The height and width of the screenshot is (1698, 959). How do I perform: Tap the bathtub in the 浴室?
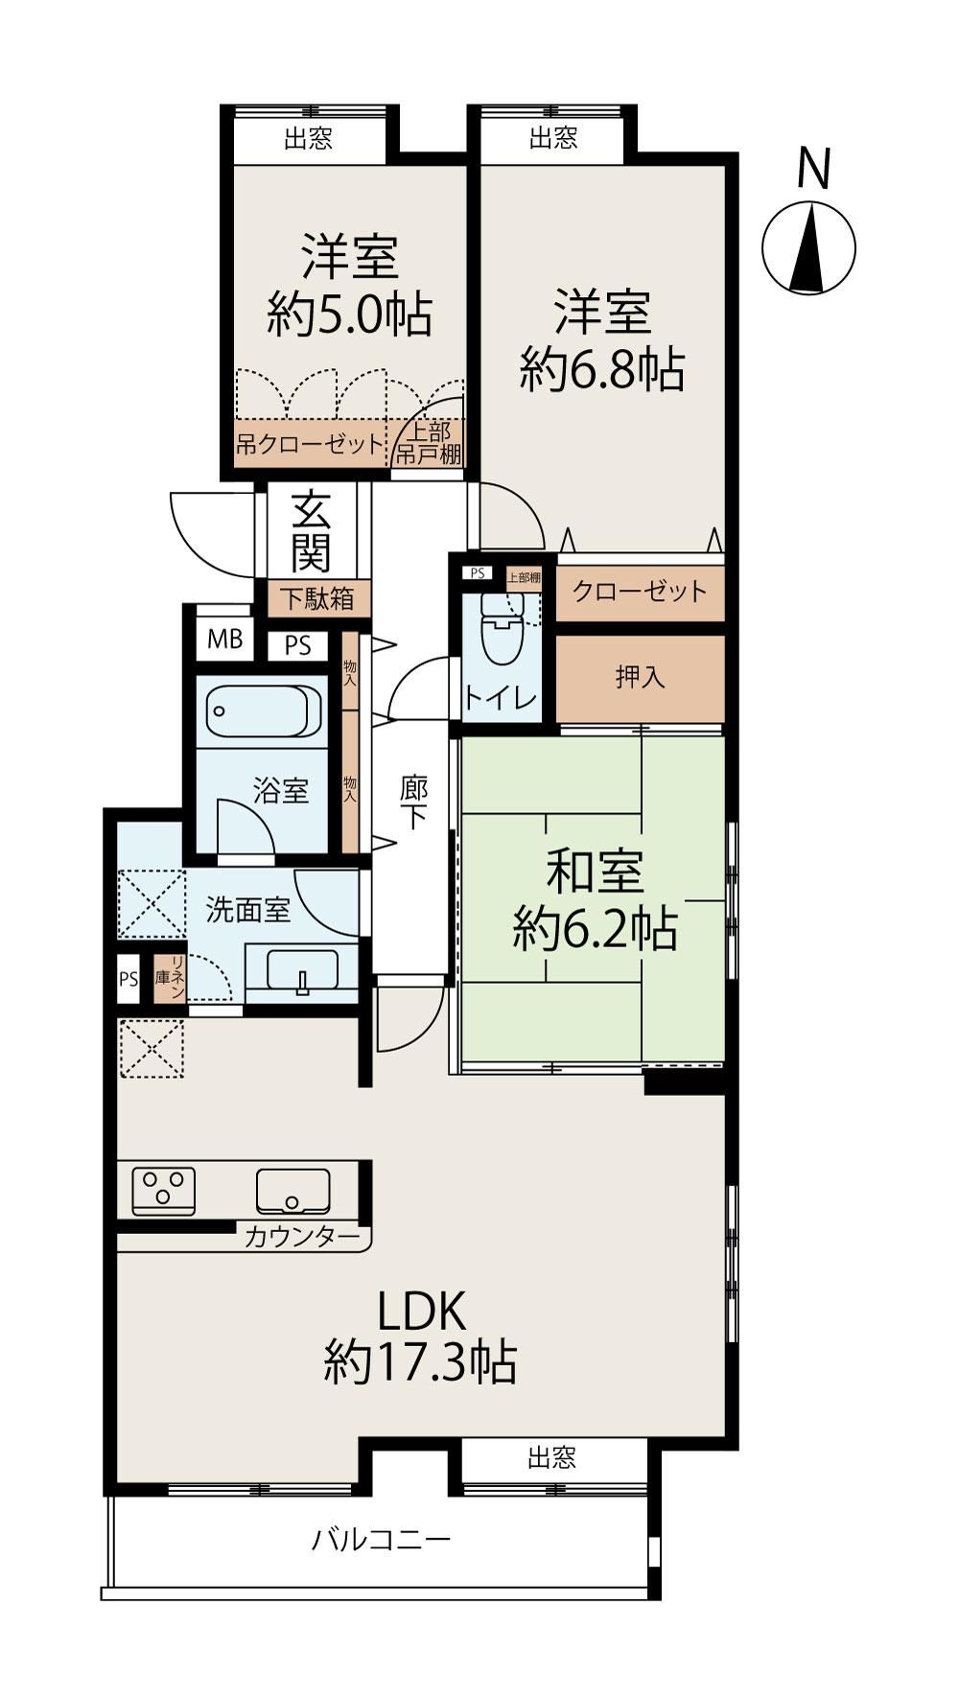pyautogui.click(x=263, y=711)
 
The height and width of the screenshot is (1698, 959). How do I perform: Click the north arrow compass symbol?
pyautogui.click(x=808, y=247)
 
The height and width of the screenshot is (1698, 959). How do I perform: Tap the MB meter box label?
pyautogui.click(x=225, y=639)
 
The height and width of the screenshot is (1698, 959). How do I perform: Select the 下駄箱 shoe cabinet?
pyautogui.click(x=316, y=598)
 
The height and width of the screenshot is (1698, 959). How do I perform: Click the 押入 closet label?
pyautogui.click(x=640, y=678)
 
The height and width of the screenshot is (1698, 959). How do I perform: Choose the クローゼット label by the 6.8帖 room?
pyautogui.click(x=640, y=591)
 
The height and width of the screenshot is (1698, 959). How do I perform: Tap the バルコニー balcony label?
pyautogui.click(x=381, y=1541)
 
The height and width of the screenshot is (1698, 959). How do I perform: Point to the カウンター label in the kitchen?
pyautogui.click(x=300, y=1237)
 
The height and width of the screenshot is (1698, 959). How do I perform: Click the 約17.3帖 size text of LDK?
pyautogui.click(x=420, y=1361)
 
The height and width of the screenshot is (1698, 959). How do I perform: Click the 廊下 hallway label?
pyautogui.click(x=413, y=802)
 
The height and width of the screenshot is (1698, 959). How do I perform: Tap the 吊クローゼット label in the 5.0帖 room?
pyautogui.click(x=310, y=445)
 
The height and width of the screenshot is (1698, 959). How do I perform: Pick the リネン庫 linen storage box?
pyautogui.click(x=169, y=979)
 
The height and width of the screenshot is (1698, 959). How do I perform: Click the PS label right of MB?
pyautogui.click(x=298, y=646)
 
